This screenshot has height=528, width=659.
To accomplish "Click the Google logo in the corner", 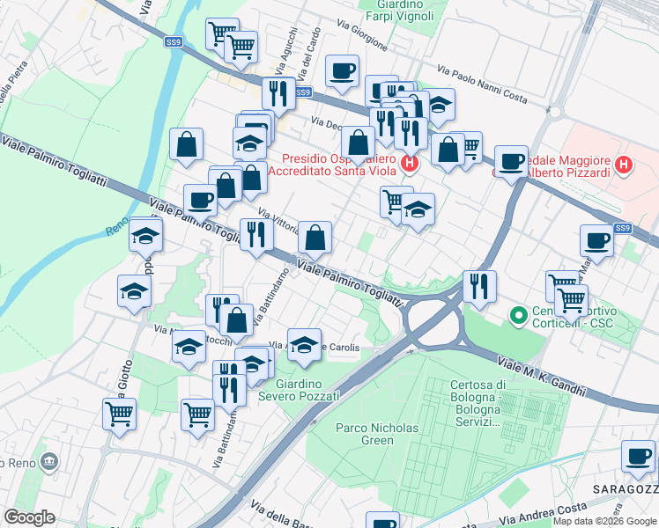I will tap(29, 517).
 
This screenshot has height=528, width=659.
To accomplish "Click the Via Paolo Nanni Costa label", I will tap(483, 86).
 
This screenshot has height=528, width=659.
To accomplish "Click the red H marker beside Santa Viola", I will tap(410, 163).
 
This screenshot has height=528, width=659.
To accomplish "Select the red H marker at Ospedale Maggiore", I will tap(624, 164).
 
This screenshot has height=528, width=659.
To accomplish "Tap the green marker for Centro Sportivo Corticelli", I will tap(518, 313).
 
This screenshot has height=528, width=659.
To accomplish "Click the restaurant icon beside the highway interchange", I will tap(479, 286).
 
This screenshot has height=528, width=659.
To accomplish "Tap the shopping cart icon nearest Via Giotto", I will tap(119, 413).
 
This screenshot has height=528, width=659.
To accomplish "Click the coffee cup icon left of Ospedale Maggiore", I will tap(511, 162).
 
